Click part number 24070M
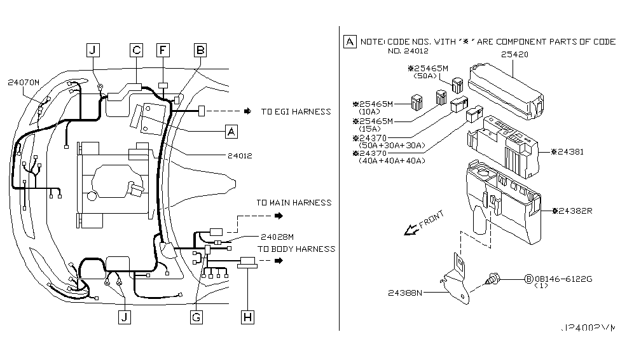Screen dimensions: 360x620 click(x=24, y=82)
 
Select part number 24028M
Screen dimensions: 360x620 click(x=277, y=237)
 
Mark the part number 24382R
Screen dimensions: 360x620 click(x=574, y=211)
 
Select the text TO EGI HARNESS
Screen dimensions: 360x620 click(x=296, y=111)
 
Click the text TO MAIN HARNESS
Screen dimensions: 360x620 click(x=294, y=202)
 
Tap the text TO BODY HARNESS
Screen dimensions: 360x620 click(x=296, y=249)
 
